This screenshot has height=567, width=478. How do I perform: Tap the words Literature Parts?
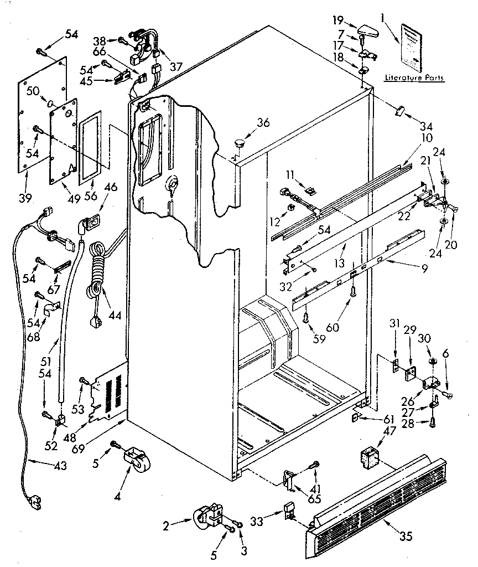(x=414, y=79)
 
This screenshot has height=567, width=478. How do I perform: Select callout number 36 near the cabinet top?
(x=263, y=123)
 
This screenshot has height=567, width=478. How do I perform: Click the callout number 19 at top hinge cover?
(x=339, y=22)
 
